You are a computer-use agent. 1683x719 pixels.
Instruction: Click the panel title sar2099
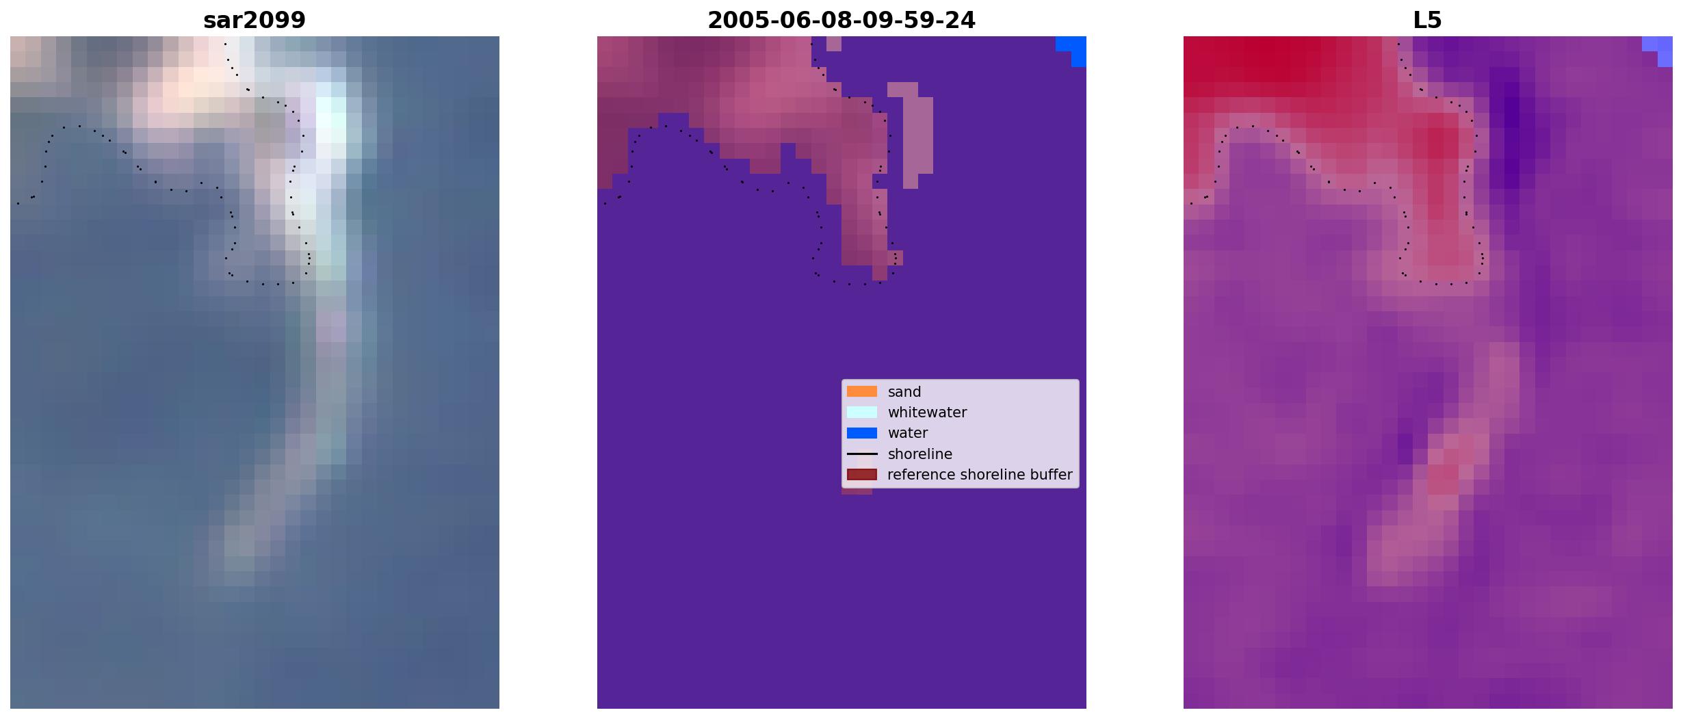(255, 21)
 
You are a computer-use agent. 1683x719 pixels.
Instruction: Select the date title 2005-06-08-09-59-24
(842, 21)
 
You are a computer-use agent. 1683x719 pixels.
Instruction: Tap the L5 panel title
(1428, 21)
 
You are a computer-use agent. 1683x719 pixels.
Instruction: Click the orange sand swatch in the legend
(862, 391)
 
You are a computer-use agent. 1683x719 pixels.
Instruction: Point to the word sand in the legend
(904, 392)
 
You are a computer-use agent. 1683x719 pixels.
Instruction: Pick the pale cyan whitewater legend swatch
(862, 412)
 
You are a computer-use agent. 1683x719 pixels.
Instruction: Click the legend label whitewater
(927, 413)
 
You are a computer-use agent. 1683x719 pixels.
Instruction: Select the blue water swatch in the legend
(862, 432)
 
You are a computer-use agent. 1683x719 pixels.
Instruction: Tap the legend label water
(908, 433)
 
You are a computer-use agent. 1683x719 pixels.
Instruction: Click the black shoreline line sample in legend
(862, 454)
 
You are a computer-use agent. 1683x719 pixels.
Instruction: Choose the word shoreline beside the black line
(920, 454)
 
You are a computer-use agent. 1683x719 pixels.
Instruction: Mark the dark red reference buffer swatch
(862, 474)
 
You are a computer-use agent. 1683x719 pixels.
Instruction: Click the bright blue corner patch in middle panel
(1074, 49)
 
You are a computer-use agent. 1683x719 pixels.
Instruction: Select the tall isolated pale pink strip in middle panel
(913, 135)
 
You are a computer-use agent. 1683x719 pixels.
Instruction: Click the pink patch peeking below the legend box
(857, 491)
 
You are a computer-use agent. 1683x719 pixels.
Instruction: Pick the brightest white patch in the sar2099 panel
(331, 120)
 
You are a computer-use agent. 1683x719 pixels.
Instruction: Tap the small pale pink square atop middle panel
(834, 44)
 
